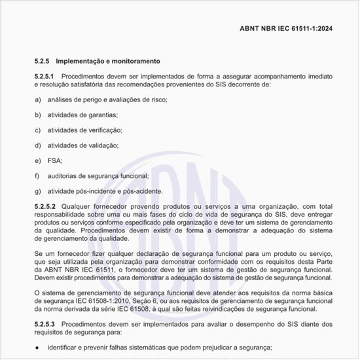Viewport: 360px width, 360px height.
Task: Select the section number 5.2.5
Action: (x=43, y=61)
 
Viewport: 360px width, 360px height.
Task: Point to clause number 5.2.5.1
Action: (x=46, y=77)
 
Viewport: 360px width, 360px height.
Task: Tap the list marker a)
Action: (x=38, y=99)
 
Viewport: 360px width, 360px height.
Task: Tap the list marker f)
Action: (x=37, y=175)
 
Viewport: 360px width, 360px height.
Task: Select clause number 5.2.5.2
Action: (x=46, y=206)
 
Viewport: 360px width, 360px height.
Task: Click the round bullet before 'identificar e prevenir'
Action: (x=38, y=348)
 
